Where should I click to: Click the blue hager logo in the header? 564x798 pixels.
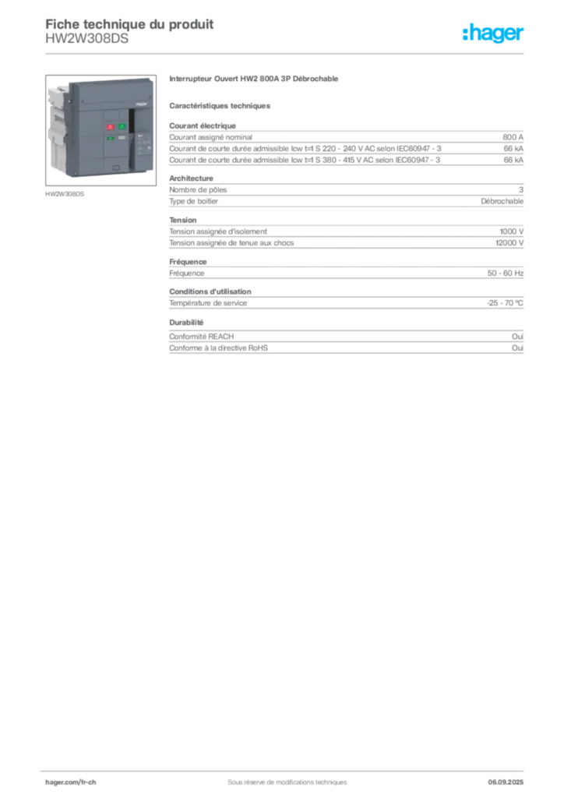tap(495, 34)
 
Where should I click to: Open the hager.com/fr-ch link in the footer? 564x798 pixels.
tap(70, 781)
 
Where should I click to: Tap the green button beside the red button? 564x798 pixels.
tap(122, 125)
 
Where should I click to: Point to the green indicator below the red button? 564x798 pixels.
tap(111, 139)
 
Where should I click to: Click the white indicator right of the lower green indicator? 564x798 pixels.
tap(122, 139)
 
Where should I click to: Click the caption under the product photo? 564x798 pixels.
tap(65, 193)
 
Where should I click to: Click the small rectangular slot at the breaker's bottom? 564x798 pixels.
tap(115, 167)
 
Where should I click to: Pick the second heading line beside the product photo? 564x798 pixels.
tap(221, 104)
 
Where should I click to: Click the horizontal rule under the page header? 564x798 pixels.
tap(287, 53)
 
